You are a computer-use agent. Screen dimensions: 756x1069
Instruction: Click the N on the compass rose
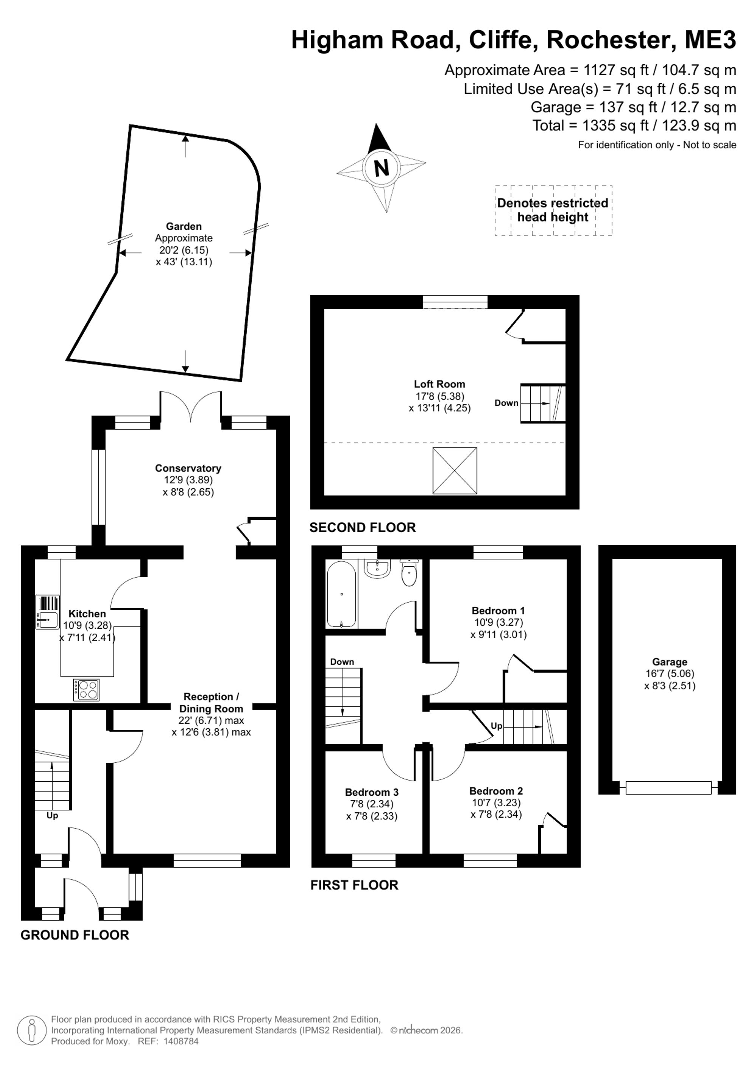click(x=381, y=167)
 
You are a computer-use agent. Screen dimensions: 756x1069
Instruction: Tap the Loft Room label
click(x=440, y=384)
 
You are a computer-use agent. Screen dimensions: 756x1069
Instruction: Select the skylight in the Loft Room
click(x=455, y=470)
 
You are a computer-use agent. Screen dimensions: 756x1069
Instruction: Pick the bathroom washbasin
click(x=377, y=569)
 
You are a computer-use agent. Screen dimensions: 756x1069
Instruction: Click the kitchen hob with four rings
click(x=87, y=690)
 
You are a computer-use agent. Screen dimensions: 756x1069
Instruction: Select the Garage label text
click(x=669, y=662)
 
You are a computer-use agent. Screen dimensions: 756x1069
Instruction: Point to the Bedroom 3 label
click(x=372, y=792)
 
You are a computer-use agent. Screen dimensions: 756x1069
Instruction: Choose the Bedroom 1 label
click(x=498, y=610)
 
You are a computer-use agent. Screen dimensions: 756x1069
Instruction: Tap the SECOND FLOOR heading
click(x=362, y=528)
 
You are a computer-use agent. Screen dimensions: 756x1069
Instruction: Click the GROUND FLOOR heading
click(x=74, y=935)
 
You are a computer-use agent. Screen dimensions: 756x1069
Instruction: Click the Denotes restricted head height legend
click(x=553, y=210)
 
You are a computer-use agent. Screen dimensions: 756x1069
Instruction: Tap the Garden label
click(x=184, y=226)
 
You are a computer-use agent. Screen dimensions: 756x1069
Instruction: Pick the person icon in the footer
click(x=32, y=1030)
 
